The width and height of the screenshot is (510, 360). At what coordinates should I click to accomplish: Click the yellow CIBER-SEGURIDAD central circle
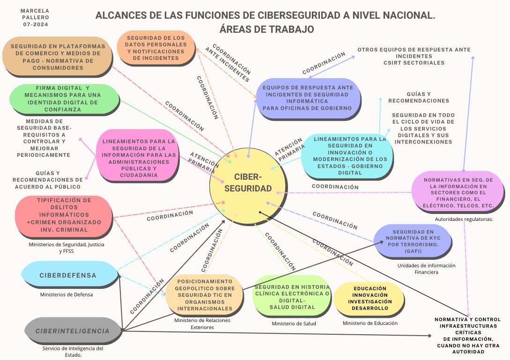[248, 183]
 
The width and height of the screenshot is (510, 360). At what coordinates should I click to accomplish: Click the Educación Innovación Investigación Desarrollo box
[370, 299]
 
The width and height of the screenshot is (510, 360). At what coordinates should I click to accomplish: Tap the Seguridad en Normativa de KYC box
[413, 242]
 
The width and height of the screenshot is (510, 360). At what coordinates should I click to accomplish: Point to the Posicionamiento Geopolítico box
[204, 295]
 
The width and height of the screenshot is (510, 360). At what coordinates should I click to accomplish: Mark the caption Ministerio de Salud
[294, 323]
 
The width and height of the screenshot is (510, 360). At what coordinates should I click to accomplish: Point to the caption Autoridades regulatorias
[463, 219]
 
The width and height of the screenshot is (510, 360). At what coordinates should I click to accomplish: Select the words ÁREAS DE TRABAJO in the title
[265, 29]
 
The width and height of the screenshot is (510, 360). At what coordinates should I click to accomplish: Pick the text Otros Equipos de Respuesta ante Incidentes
[414, 56]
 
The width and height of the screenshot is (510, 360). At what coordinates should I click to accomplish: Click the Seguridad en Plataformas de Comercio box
[57, 57]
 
